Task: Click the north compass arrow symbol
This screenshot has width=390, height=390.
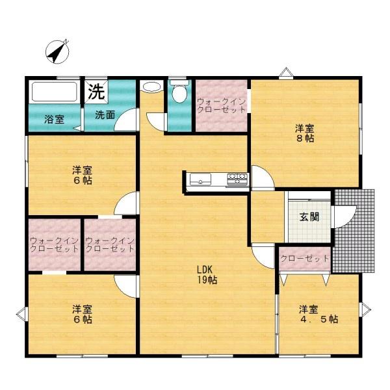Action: click(x=57, y=51)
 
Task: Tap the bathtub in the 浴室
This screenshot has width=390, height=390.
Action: click(x=55, y=92)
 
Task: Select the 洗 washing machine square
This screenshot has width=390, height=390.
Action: click(x=96, y=92)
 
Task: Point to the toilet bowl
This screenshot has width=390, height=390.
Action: click(x=179, y=92)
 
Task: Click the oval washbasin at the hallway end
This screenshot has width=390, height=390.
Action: click(x=151, y=87)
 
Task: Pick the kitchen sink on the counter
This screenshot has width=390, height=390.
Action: click(x=200, y=179)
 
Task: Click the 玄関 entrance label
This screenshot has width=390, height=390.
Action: click(x=309, y=217)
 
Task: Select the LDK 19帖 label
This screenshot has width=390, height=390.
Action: click(x=207, y=274)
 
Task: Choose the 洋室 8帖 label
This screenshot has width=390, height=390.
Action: click(x=305, y=133)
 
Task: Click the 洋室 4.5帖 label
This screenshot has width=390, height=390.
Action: click(x=318, y=314)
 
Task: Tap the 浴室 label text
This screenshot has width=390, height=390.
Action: click(x=54, y=120)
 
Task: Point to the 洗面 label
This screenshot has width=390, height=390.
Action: click(x=105, y=115)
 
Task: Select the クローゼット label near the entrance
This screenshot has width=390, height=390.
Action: click(x=305, y=259)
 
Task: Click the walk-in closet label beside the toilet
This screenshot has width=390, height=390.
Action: click(x=222, y=106)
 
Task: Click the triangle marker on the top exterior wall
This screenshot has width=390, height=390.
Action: click(x=286, y=72)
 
